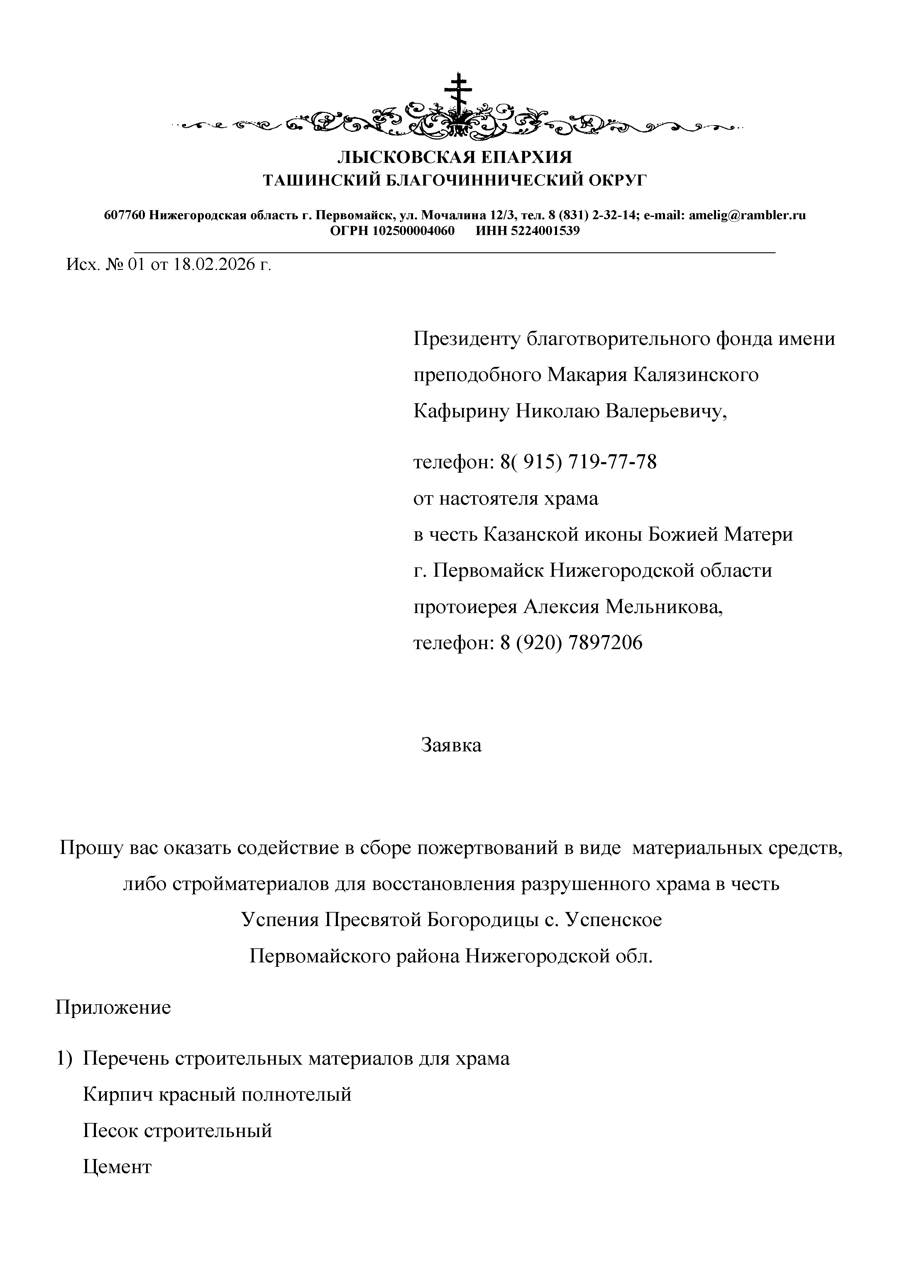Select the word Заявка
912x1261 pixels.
(451, 745)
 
